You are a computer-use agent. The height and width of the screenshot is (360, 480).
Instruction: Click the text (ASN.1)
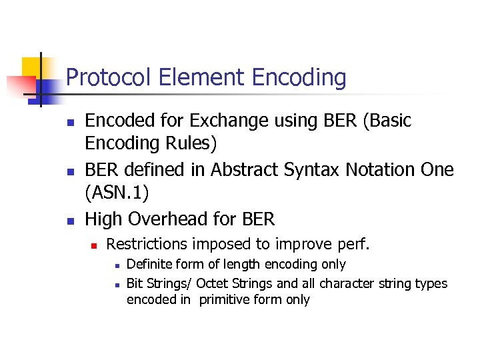tap(117, 193)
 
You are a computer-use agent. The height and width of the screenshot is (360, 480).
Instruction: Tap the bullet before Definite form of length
tap(116, 266)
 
